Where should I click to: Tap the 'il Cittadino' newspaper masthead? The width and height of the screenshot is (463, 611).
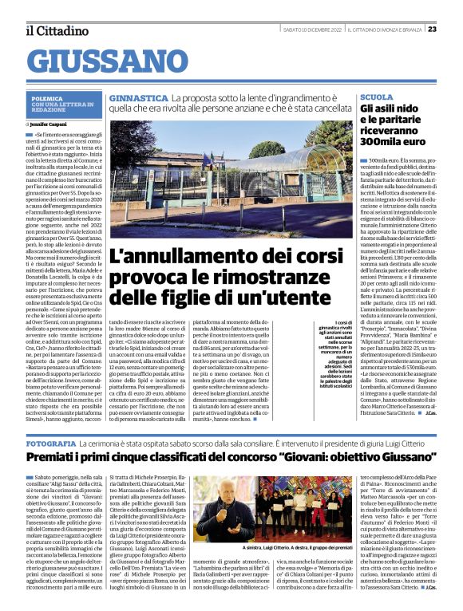coord(55,30)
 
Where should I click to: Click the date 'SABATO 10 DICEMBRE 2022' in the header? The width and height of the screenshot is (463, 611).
coord(312,29)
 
